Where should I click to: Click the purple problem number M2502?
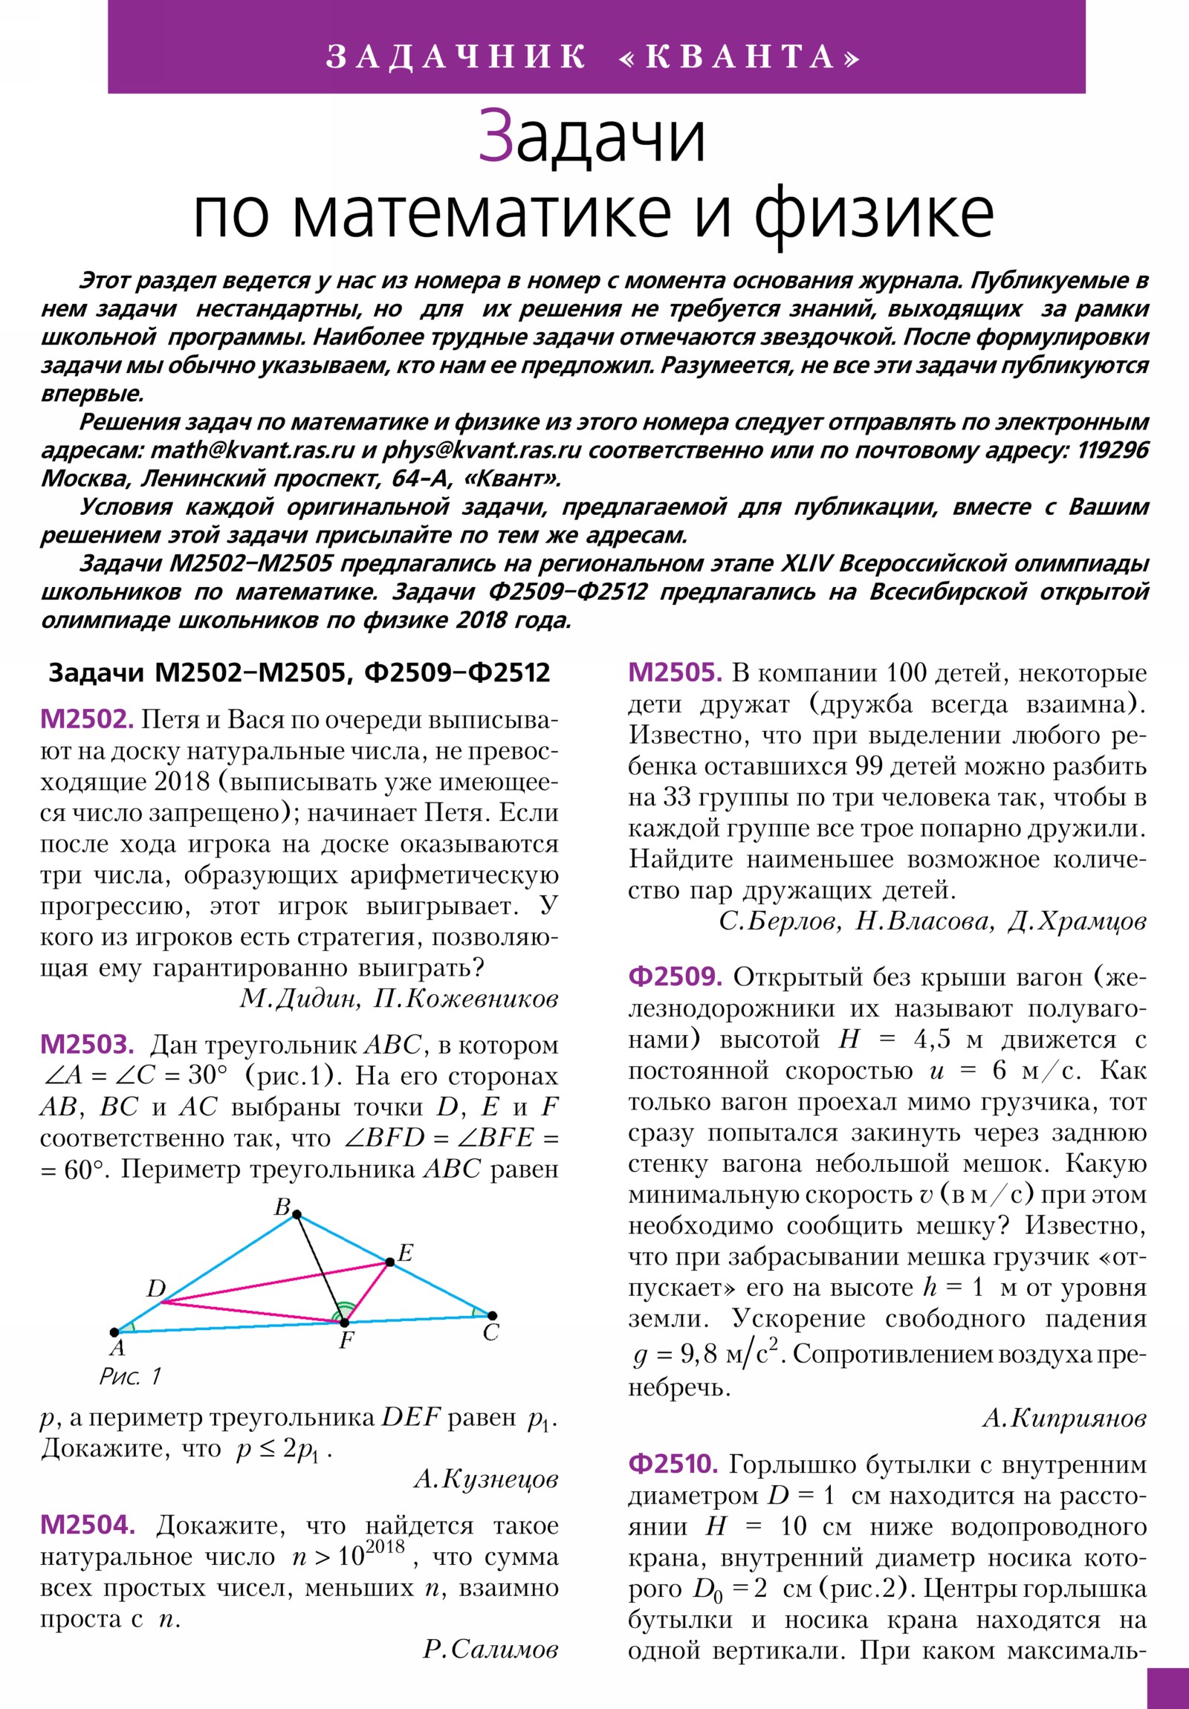(x=86, y=719)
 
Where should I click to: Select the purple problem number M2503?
(x=86, y=1044)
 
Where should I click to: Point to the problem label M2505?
(x=676, y=673)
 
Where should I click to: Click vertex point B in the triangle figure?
(x=297, y=1215)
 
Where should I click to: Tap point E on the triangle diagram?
(x=389, y=1262)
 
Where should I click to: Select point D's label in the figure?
(x=155, y=1288)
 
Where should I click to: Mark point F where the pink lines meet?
(x=344, y=1322)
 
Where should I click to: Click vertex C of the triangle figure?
(x=491, y=1316)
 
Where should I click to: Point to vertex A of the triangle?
(x=114, y=1332)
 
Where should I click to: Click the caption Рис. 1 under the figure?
(x=130, y=1376)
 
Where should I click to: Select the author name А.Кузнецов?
(x=485, y=1479)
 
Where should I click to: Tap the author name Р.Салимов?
(x=490, y=1650)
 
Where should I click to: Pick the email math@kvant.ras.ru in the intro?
(x=253, y=450)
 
